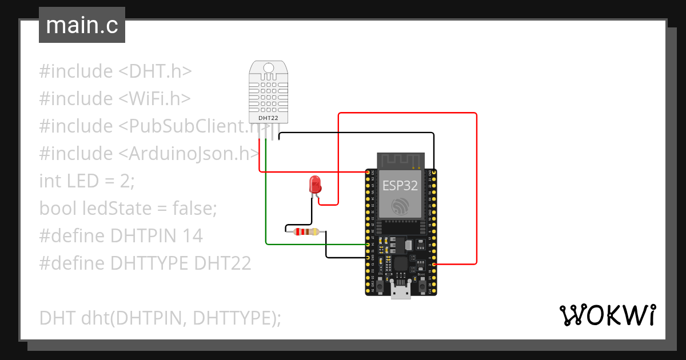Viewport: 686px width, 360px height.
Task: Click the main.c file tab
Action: [x=82, y=26]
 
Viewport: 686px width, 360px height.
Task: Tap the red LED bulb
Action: [x=314, y=184]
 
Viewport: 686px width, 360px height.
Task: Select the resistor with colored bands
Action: [x=305, y=231]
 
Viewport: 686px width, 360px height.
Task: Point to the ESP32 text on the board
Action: [x=400, y=185]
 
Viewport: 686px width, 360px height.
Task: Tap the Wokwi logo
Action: [x=607, y=315]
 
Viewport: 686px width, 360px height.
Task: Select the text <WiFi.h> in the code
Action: [x=154, y=98]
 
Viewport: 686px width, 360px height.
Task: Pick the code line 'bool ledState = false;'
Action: [x=128, y=208]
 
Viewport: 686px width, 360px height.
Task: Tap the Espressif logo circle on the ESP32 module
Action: [x=400, y=206]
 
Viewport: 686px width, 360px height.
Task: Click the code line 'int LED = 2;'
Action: [x=87, y=181]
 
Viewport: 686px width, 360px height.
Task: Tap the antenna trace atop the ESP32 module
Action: [x=400, y=161]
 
